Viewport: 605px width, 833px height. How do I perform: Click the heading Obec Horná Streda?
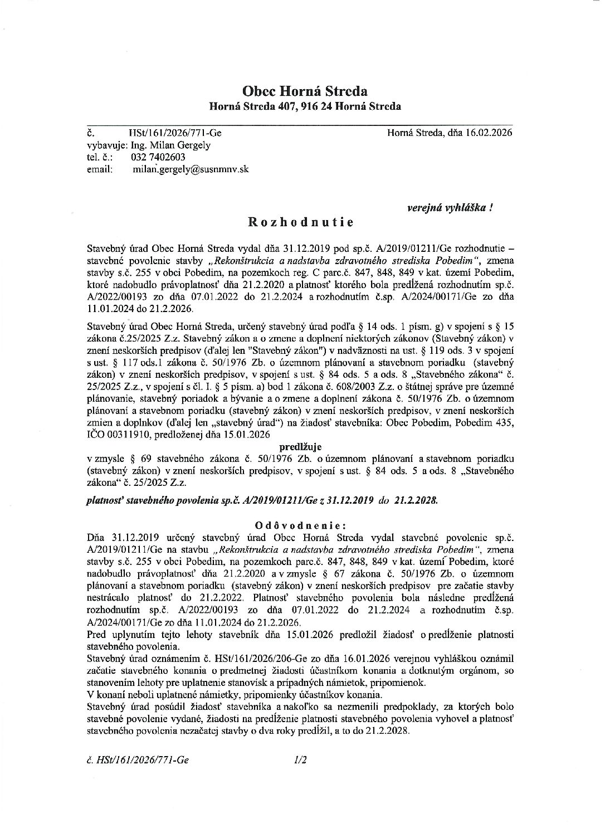(x=304, y=90)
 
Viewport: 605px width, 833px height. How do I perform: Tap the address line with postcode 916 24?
(x=304, y=106)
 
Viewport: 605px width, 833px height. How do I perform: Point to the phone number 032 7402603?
(x=158, y=157)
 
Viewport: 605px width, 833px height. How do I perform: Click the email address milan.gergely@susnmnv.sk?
(x=190, y=169)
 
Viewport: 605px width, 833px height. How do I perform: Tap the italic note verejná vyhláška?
(x=450, y=207)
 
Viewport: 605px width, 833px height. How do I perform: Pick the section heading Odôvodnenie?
(x=300, y=525)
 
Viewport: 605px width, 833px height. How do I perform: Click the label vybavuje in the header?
(x=108, y=145)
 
